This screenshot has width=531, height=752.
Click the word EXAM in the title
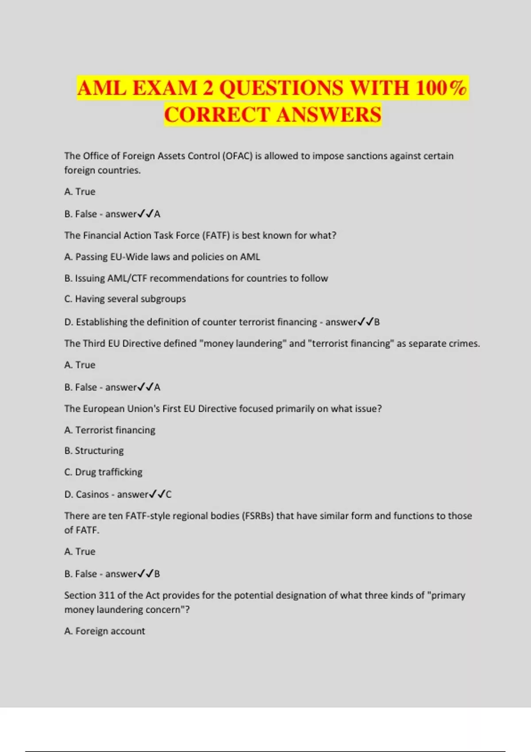tap(164, 88)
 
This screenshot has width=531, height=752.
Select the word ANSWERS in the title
tap(329, 115)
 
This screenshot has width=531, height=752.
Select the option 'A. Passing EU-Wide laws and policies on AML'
tap(162, 257)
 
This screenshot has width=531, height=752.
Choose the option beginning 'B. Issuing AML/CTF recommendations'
tap(196, 278)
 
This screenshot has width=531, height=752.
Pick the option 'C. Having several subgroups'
tap(125, 299)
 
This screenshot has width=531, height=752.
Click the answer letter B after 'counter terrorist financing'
tap(377, 322)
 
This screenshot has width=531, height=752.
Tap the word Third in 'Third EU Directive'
tap(95, 344)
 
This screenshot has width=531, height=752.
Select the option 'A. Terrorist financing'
tap(110, 430)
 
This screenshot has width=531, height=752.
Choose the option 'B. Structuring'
tap(94, 451)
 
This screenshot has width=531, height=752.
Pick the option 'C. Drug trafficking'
tap(103, 472)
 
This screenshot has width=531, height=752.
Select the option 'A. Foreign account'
tap(104, 631)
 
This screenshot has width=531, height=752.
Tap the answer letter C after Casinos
tap(169, 494)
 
